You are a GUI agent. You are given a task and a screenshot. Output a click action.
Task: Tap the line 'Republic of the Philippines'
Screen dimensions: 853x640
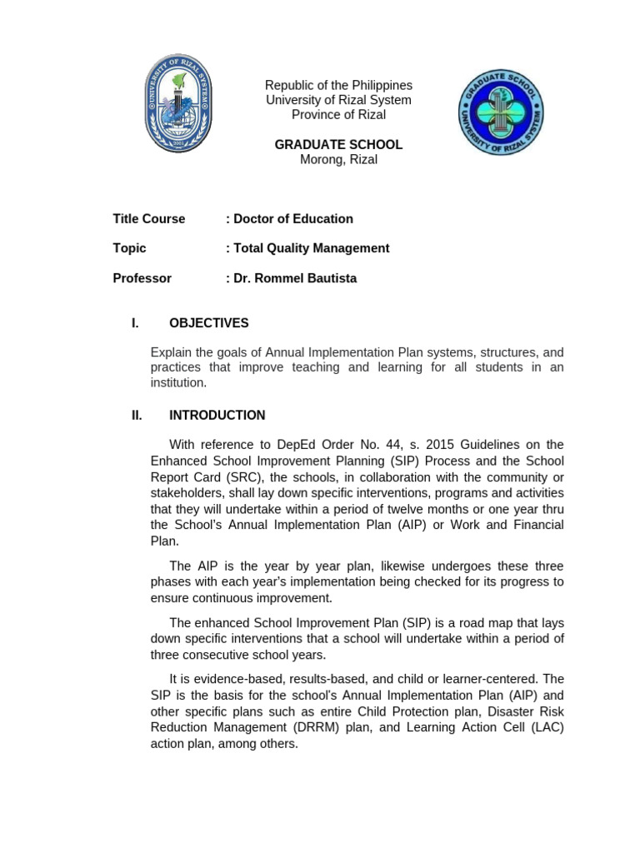pos(338,86)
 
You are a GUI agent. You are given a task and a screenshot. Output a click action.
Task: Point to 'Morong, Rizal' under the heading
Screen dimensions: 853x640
pos(338,159)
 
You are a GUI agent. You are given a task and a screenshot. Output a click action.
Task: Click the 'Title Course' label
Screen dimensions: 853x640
pos(149,219)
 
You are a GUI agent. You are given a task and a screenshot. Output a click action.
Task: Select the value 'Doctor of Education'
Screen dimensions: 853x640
pos(292,219)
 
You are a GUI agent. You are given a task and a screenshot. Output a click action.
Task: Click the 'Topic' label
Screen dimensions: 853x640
pos(129,248)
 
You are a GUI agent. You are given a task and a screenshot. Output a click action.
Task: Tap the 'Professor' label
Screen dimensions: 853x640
pos(142,278)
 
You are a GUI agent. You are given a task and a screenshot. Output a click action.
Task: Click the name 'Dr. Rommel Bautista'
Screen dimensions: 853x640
pos(294,278)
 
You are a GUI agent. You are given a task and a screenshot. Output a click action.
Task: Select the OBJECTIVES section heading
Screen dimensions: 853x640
pos(208,323)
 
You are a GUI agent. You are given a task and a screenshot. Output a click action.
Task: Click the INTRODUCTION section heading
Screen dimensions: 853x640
pos(217,415)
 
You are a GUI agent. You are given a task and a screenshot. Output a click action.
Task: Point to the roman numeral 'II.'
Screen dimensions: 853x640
pos(137,415)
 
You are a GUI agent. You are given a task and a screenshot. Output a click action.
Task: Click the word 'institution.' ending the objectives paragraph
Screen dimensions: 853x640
pos(177,383)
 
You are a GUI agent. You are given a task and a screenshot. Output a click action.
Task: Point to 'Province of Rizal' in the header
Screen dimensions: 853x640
pos(338,115)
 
